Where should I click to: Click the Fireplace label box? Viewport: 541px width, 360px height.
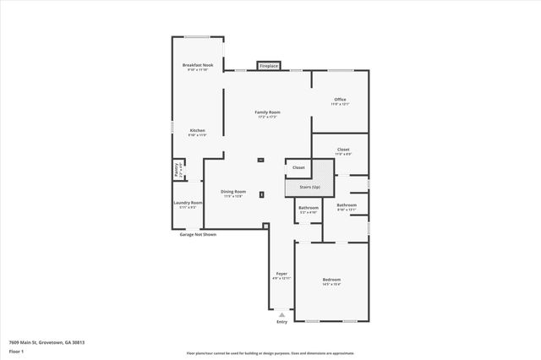pos(269,65)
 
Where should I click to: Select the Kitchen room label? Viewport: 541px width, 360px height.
pos(197,132)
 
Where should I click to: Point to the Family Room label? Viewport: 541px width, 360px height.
pos(268,113)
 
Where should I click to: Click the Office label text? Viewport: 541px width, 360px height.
pos(339,101)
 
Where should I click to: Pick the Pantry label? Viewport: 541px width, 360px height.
pos(178,169)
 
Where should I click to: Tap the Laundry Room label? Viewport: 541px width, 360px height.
pos(188,204)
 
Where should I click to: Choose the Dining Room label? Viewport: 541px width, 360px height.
pos(233,193)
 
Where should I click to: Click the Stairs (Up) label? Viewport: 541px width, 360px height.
pos(310,186)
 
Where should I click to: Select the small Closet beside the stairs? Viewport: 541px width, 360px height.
pos(298,167)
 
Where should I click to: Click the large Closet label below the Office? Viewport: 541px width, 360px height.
pos(342,150)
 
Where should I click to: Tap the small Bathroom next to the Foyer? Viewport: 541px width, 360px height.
pos(308,209)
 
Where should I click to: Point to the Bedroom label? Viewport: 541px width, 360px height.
pos(331,281)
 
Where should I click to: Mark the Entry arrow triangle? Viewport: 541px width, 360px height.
pos(282,314)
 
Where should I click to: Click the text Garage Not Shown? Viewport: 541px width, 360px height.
pos(197,234)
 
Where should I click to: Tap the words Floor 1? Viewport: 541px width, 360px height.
pos(16,351)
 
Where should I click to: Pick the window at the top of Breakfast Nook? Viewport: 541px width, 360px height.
pos(198,36)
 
